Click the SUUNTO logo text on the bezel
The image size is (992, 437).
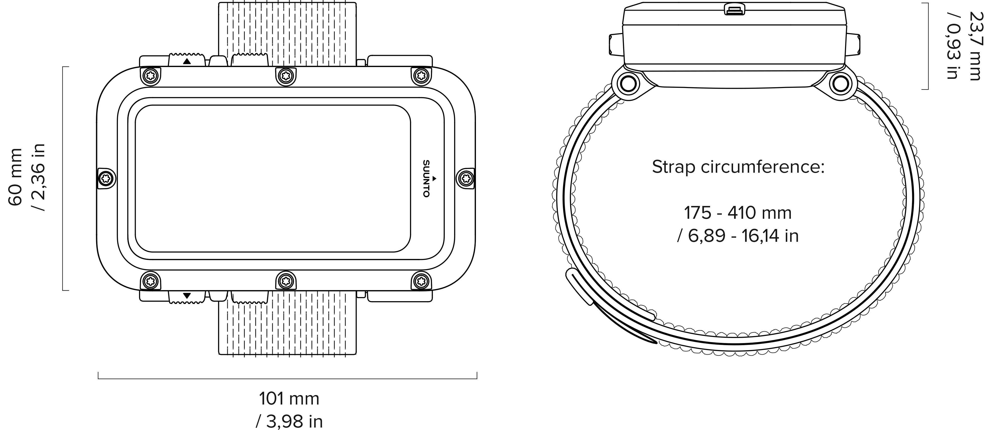pyautogui.click(x=426, y=178)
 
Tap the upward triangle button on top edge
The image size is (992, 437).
pyautogui.click(x=187, y=61)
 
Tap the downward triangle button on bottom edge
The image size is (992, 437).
pyautogui.click(x=187, y=296)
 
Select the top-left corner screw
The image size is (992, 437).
pyautogui.click(x=151, y=76)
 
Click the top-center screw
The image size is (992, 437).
pyautogui.click(x=286, y=76)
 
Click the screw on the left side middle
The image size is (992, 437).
pyautogui.click(x=106, y=178)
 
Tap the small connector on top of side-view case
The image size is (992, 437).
pyautogui.click(x=734, y=9)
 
